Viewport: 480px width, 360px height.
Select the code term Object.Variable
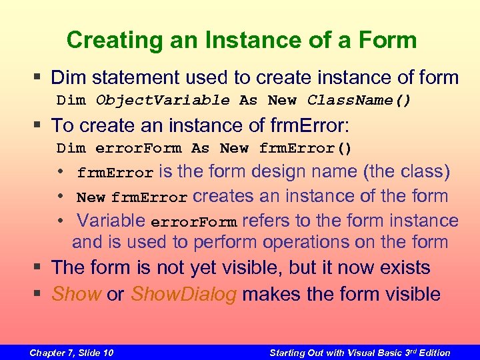(x=163, y=101)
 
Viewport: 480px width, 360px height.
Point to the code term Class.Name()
(x=359, y=101)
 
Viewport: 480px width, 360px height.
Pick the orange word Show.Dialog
(x=184, y=294)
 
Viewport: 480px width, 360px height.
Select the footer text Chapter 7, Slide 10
(x=71, y=353)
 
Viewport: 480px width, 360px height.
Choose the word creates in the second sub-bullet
(x=223, y=197)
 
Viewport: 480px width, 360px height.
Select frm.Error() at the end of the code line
(x=305, y=148)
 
